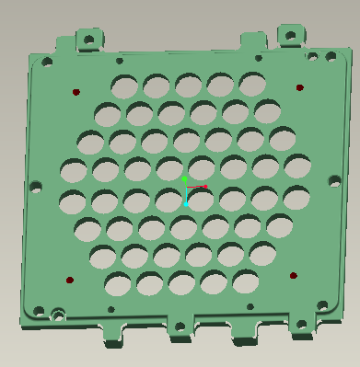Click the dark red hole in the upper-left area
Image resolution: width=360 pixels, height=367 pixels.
(x=76, y=92)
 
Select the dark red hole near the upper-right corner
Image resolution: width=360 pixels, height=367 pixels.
(x=300, y=88)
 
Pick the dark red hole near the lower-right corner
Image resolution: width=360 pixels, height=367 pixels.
(x=294, y=275)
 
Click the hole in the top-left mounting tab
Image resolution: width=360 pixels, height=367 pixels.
(x=89, y=39)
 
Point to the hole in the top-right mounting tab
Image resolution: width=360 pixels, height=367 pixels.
(x=289, y=36)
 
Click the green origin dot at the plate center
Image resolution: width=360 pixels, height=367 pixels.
(x=185, y=178)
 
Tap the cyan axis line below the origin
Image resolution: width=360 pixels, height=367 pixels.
(x=186, y=198)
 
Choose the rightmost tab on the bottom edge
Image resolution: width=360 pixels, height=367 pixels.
(x=300, y=327)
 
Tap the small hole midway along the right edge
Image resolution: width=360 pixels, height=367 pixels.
(x=335, y=181)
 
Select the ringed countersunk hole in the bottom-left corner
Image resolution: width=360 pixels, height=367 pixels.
(x=58, y=315)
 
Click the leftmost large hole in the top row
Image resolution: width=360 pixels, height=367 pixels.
(x=123, y=86)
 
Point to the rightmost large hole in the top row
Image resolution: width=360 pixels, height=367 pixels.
(x=251, y=83)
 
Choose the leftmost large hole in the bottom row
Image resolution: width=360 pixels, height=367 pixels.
(x=117, y=282)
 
